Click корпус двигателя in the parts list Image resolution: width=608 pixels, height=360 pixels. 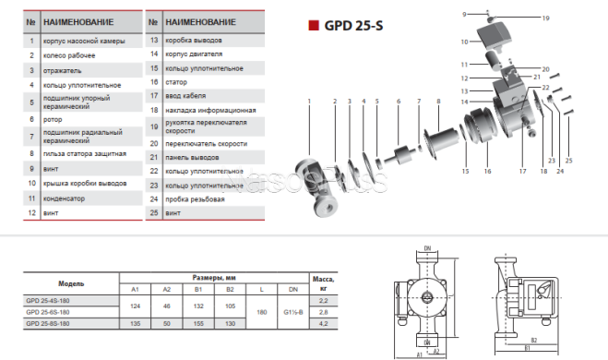pos(192,54)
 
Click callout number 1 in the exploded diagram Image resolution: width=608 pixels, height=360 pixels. pos(310,99)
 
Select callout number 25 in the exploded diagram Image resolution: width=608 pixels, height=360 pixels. pos(570,161)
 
